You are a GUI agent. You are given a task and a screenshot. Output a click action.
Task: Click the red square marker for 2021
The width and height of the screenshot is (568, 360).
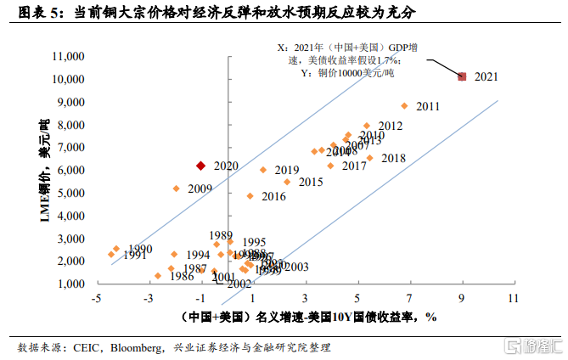462,76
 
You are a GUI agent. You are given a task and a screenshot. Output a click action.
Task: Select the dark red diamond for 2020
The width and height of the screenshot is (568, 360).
200,166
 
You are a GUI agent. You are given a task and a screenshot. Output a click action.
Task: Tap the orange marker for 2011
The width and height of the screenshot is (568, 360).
404,106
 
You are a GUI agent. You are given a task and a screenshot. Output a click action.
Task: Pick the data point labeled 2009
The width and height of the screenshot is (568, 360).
176,188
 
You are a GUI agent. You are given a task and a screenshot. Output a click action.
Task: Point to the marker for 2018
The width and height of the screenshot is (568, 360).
369,158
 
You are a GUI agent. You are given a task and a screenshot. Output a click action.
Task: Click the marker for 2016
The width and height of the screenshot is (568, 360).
250,196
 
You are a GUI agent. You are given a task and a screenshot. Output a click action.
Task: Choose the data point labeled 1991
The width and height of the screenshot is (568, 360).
111,254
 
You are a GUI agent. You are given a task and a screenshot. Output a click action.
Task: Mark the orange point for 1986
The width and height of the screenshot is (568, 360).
158,276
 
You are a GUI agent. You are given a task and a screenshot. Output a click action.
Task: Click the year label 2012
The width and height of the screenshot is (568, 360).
390,126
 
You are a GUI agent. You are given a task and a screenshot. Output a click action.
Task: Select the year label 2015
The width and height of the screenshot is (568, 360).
311,182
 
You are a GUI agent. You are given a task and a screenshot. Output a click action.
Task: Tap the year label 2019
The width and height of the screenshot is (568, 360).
287,171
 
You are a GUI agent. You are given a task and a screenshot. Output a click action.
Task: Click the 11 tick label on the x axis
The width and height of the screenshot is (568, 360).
512,299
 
